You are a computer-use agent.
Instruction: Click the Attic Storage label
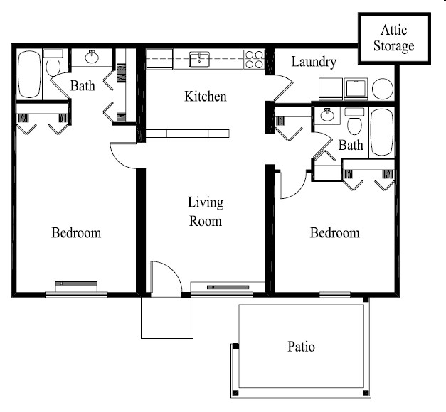[x=396, y=38]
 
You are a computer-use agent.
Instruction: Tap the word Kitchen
[x=205, y=96]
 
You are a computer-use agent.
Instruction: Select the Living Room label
[x=205, y=212]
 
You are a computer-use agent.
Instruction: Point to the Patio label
[x=301, y=347]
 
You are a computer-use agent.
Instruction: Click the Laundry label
[x=314, y=62]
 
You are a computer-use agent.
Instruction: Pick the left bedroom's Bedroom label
[x=76, y=233]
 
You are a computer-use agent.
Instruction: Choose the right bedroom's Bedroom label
[x=334, y=233]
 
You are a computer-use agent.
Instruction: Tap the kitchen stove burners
[x=254, y=58]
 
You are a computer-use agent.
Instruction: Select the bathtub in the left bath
[x=29, y=73]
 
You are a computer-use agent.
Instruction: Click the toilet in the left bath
[x=53, y=66]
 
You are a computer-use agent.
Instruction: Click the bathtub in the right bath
[x=381, y=131]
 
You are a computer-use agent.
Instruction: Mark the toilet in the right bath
[x=354, y=125]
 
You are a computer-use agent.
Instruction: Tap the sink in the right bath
[x=328, y=115]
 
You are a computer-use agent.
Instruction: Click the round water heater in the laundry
[x=382, y=88]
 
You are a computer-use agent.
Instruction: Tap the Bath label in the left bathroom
[x=83, y=87]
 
